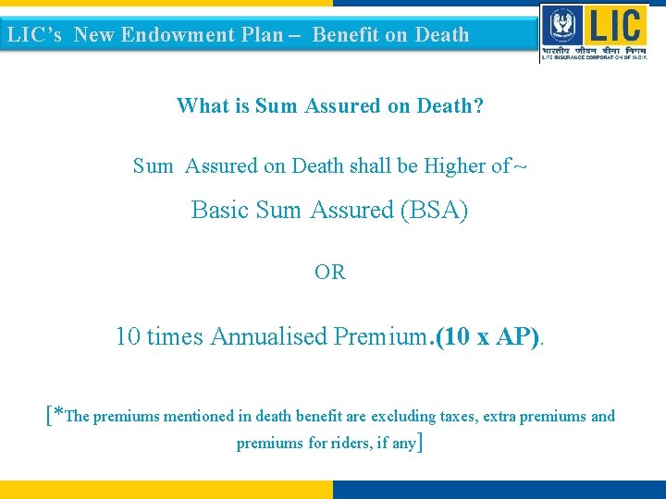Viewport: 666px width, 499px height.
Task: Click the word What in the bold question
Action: click(x=204, y=106)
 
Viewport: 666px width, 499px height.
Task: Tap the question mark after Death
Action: click(x=477, y=106)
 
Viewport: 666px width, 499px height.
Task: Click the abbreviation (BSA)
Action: click(x=434, y=211)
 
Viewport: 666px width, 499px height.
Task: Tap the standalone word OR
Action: click(x=330, y=273)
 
